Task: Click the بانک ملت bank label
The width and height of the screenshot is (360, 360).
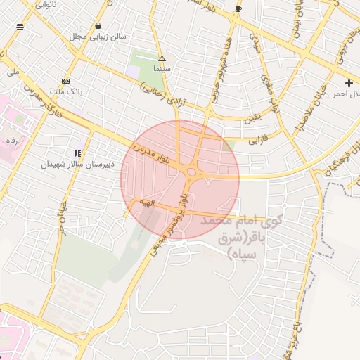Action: (51, 91)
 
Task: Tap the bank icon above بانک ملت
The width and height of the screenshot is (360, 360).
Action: (65, 80)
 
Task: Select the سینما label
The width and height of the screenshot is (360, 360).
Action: (162, 70)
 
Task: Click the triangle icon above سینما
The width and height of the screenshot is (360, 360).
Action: (162, 58)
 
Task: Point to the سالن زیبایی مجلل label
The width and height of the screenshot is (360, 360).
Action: (98, 36)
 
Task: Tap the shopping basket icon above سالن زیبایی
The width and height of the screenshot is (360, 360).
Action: (97, 25)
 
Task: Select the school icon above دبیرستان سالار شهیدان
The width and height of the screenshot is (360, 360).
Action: (77, 153)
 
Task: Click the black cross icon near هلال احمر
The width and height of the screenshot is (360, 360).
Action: (349, 83)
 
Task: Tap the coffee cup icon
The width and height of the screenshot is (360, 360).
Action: (238, 9)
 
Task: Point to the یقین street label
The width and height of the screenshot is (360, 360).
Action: (252, 117)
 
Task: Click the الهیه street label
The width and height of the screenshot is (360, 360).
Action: (146, 202)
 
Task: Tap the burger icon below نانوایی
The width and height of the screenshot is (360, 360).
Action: (19, 27)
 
